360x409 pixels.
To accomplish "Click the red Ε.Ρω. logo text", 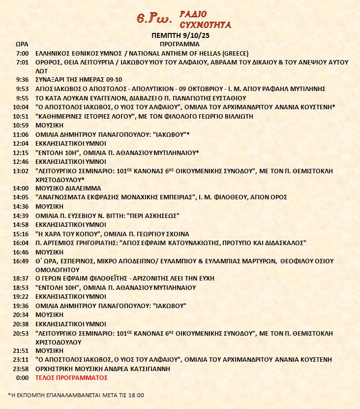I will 154,19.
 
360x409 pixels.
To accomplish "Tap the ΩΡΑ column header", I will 22,44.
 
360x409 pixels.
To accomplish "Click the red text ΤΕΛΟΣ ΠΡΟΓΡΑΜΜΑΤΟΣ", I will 71,378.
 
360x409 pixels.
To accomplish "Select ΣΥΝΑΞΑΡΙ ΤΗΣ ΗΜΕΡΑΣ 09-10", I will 80,80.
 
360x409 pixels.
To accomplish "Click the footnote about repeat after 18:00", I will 76,395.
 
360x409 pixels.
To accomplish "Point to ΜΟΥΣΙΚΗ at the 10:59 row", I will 50,125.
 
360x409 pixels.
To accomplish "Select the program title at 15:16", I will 113,234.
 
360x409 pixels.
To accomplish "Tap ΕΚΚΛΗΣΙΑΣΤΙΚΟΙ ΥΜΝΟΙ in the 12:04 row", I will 71,143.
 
